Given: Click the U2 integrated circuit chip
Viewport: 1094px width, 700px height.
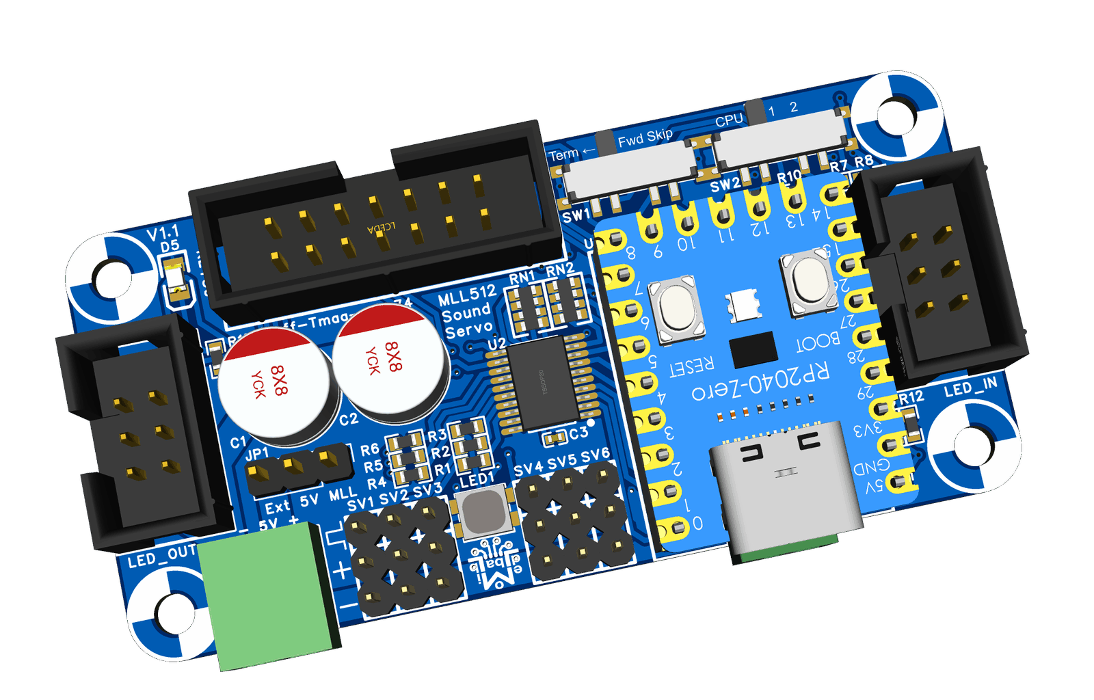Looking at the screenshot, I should [x=544, y=383].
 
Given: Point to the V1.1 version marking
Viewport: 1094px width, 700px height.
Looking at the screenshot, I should [x=163, y=233].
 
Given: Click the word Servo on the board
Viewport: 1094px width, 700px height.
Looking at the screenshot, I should [x=468, y=329].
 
